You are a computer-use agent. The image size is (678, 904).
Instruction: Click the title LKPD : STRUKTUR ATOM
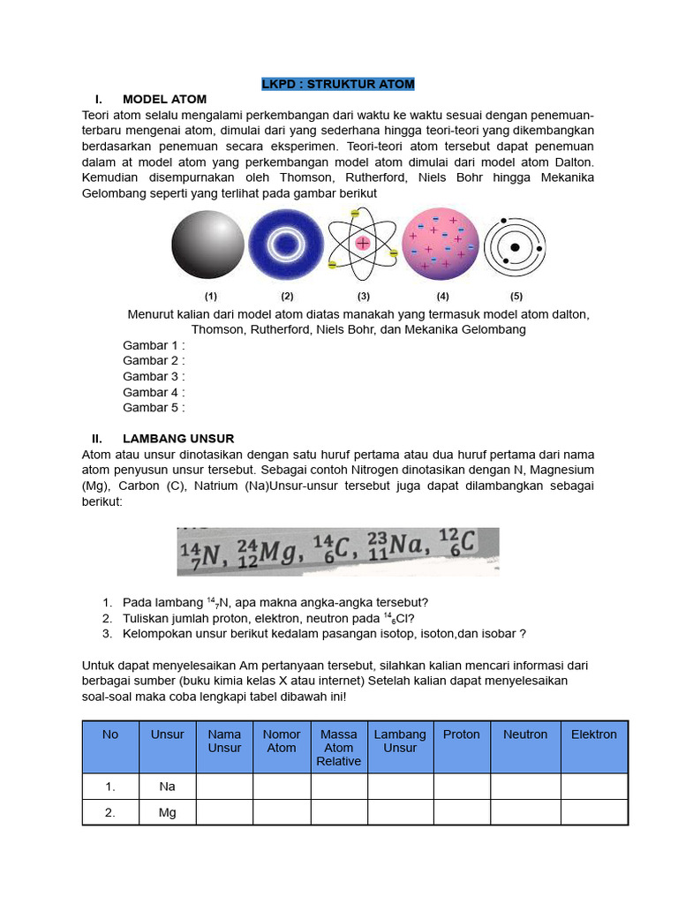338,84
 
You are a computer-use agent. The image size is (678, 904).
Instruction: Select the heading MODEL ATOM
164,99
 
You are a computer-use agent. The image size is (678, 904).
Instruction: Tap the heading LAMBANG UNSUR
178,438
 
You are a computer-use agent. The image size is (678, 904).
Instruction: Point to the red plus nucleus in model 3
362,243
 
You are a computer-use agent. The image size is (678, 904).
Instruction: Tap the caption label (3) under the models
363,296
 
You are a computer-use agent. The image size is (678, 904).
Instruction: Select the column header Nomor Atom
282,741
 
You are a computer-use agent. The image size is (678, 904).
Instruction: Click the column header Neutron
525,734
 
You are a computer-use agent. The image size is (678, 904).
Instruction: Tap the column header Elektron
594,734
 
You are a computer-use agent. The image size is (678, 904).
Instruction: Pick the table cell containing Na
167,786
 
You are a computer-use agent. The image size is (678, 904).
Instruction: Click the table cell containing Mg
167,812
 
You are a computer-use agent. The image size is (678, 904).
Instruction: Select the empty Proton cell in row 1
461,786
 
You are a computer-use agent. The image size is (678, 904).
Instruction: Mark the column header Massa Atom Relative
339,747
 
